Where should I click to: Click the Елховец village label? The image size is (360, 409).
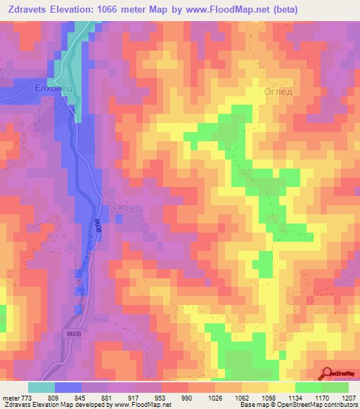(53, 89)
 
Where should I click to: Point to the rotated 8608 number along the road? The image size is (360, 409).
(98, 226)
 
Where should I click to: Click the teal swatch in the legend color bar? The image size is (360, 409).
(41, 388)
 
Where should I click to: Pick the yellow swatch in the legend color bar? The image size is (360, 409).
(281, 388)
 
